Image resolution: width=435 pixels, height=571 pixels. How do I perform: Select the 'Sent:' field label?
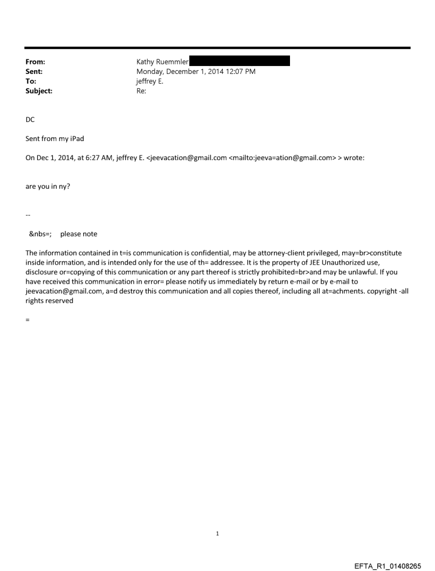pos(34,71)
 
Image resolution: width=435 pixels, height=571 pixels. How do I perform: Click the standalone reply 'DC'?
pos(30,120)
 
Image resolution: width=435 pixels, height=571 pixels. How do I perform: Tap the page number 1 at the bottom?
pos(217,533)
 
